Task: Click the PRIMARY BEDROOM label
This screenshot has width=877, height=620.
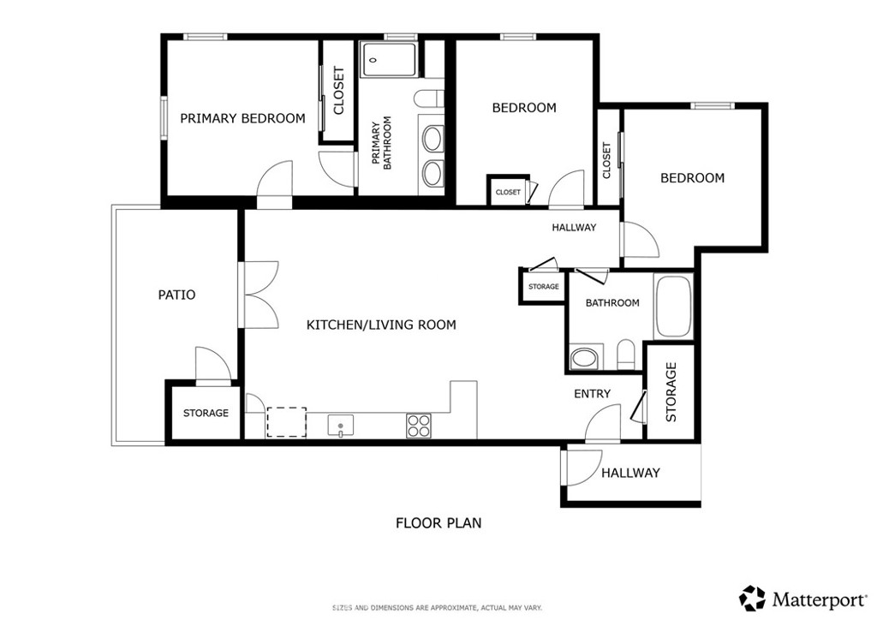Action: [242, 119]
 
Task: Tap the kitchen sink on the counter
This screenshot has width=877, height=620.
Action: [340, 425]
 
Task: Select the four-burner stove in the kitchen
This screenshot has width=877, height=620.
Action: [419, 426]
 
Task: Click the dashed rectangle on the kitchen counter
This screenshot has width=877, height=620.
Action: [286, 422]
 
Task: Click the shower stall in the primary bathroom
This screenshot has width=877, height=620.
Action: [389, 61]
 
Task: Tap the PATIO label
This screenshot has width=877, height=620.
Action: [177, 295]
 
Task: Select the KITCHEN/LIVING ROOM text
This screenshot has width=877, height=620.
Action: [381, 325]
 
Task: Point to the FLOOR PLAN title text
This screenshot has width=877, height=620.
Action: [438, 522]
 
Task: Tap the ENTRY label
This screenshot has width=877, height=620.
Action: [592, 394]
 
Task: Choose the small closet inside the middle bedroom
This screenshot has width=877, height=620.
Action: [507, 192]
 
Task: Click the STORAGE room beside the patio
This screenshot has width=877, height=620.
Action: [206, 413]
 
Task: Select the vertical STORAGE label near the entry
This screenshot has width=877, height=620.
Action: [671, 391]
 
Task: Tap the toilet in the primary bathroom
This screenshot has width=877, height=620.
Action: [428, 98]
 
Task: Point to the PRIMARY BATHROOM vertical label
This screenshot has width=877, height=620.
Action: [381, 145]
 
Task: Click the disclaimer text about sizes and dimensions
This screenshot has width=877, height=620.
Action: [437, 607]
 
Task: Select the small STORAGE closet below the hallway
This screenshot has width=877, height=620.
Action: [543, 287]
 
